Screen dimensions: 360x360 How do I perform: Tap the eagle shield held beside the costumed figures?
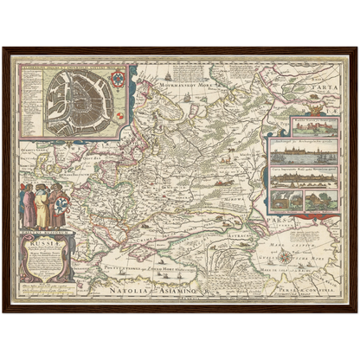[x=61, y=196]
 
